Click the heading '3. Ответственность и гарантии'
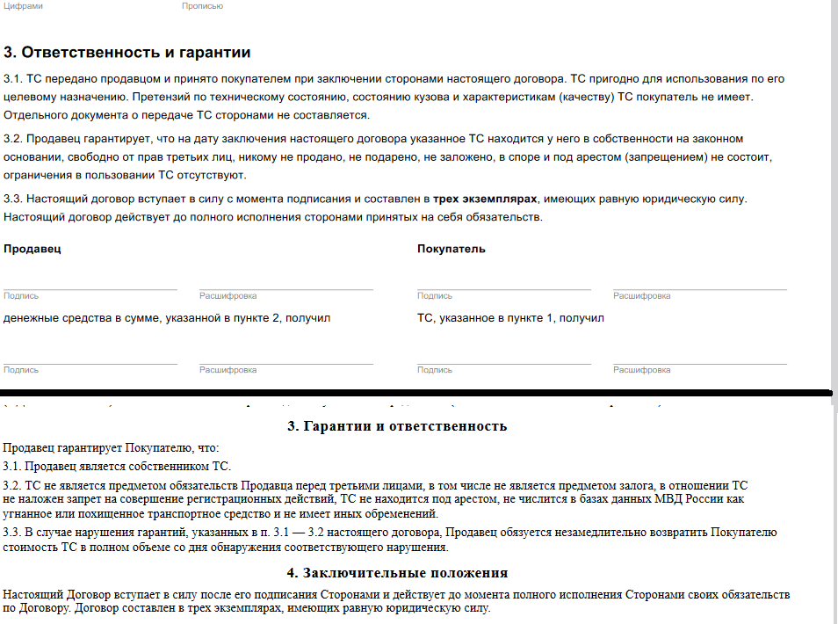[127, 53]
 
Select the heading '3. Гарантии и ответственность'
[397, 426]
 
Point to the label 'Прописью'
[202, 6]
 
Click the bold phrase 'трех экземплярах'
[485, 200]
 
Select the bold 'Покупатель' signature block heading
[451, 249]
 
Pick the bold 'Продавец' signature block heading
[33, 249]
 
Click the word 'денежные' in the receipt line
[30, 318]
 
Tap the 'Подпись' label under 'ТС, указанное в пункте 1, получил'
[435, 370]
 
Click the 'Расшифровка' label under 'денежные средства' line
[228, 370]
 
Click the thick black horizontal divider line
[417, 392]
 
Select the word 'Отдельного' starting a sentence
[32, 115]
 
